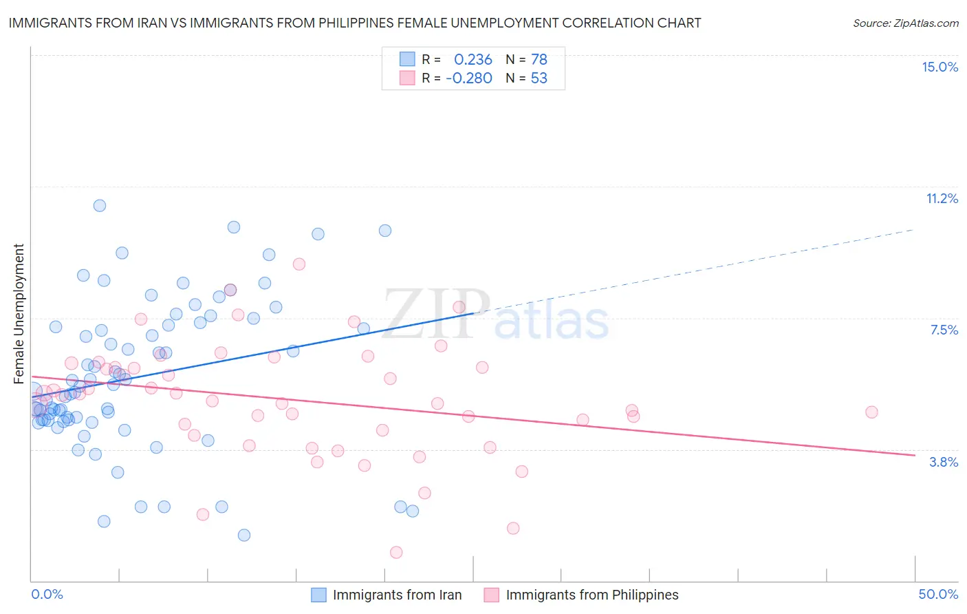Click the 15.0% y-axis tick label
point(939,67)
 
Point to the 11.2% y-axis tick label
point(942,198)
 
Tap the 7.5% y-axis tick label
point(944,330)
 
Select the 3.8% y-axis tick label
point(944,462)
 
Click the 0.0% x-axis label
point(47,594)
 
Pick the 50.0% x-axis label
point(938,594)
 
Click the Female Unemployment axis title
point(19,313)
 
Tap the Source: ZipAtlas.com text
point(905,23)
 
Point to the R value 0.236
point(473,60)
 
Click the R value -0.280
point(469,78)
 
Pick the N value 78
point(539,60)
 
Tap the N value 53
point(539,78)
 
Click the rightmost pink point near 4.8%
point(871,412)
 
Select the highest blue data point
point(100,205)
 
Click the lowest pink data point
point(396,552)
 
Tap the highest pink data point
point(299,264)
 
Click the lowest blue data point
point(244,535)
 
